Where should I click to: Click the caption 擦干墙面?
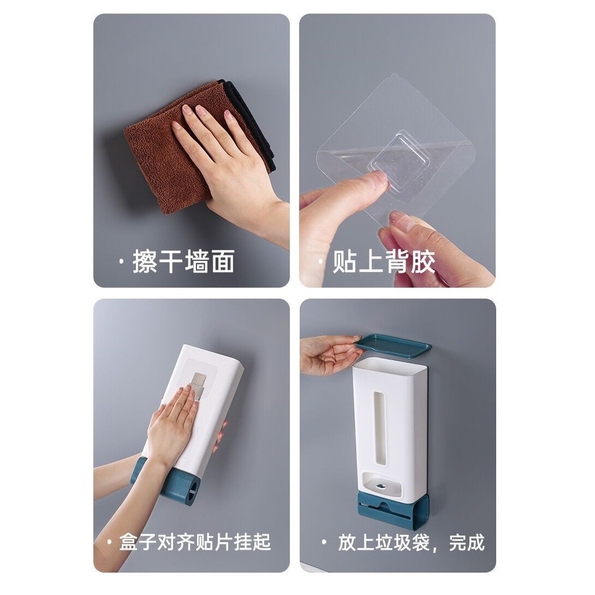coord(183,261)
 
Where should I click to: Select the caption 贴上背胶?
coord(383,261)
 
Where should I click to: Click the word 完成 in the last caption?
coord(467,542)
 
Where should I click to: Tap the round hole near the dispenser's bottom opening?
coord(381,486)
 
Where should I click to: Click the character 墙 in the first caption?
coord(196,261)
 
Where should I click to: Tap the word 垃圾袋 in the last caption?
coord(402,542)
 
